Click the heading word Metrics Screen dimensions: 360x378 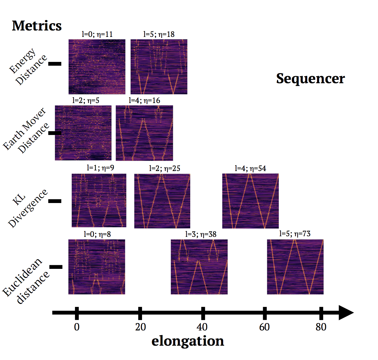(37, 26)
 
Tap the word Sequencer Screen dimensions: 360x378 (310, 79)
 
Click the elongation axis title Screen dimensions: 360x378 (188, 341)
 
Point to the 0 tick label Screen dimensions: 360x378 (77, 327)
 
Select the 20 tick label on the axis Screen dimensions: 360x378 (141, 327)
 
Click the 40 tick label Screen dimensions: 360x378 (202, 327)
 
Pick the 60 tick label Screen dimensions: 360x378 (264, 327)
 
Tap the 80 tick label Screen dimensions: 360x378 (321, 327)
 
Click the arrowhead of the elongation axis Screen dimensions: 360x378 (346, 313)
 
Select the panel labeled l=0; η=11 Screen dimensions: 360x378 (97, 66)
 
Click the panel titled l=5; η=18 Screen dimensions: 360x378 (159, 66)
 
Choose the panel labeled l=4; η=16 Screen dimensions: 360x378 (144, 133)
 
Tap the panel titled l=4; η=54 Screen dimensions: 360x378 (250, 201)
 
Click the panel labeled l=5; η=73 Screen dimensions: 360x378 (295, 267)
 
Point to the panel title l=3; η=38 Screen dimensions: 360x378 (201, 234)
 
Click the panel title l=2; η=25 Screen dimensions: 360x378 (165, 168)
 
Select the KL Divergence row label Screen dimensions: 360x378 (27, 208)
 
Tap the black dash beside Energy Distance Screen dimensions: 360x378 (55, 64)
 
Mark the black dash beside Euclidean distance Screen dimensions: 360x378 (56, 267)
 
